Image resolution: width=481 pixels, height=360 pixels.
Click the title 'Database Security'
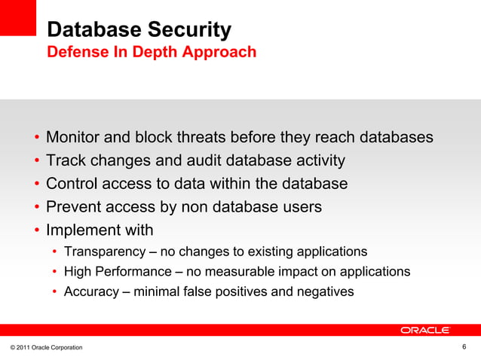[x=139, y=30]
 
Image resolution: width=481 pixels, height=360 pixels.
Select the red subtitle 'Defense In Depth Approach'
[x=151, y=53]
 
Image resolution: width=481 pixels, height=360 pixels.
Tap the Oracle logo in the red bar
[x=425, y=330]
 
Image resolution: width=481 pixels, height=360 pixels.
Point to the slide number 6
[x=464, y=346]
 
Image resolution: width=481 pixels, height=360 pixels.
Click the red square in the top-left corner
[x=18, y=17]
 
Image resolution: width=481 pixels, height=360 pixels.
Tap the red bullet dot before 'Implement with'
[x=36, y=230]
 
